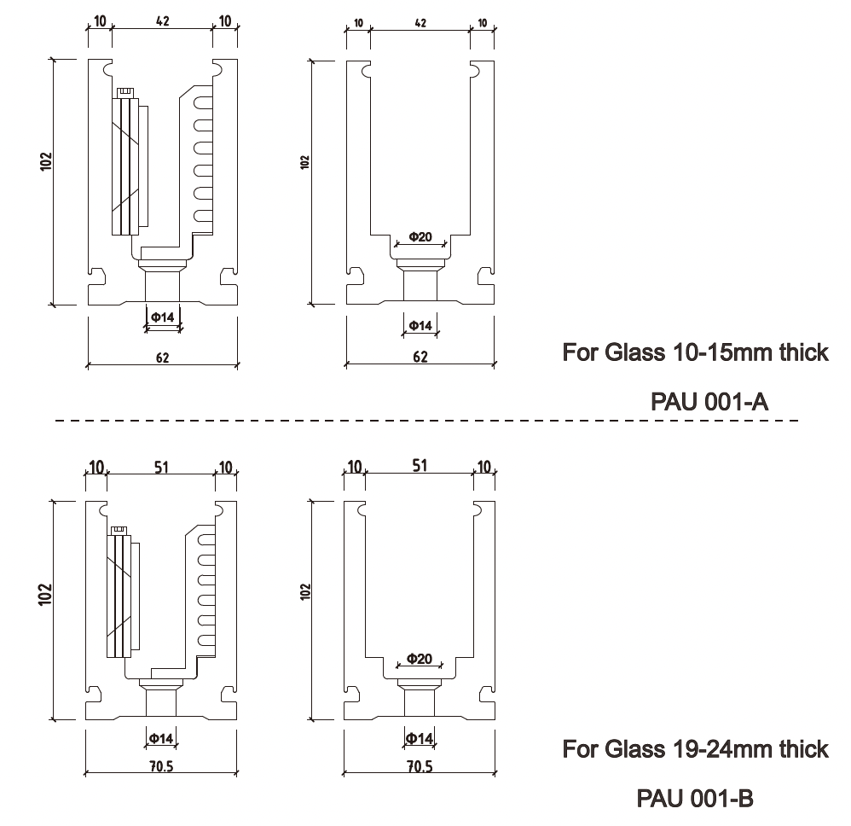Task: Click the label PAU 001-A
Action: tap(709, 401)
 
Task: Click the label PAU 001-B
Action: tap(695, 799)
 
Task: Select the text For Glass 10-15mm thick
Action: tap(695, 352)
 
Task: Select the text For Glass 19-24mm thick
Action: tap(695, 749)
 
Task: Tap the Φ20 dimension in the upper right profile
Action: tap(420, 237)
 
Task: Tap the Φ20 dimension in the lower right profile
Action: tap(419, 659)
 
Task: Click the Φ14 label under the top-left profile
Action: tap(162, 317)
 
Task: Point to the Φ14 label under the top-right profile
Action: tap(420, 325)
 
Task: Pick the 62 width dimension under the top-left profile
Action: tap(162, 358)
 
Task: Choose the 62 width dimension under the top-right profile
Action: tap(420, 358)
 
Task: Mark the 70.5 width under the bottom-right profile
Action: tap(419, 766)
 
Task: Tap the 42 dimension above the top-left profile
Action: tap(162, 21)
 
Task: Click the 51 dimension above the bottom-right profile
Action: tap(420, 465)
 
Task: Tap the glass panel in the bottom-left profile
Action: tap(120, 593)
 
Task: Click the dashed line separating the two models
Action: tap(426, 421)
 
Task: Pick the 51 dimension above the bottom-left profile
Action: tap(160, 466)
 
